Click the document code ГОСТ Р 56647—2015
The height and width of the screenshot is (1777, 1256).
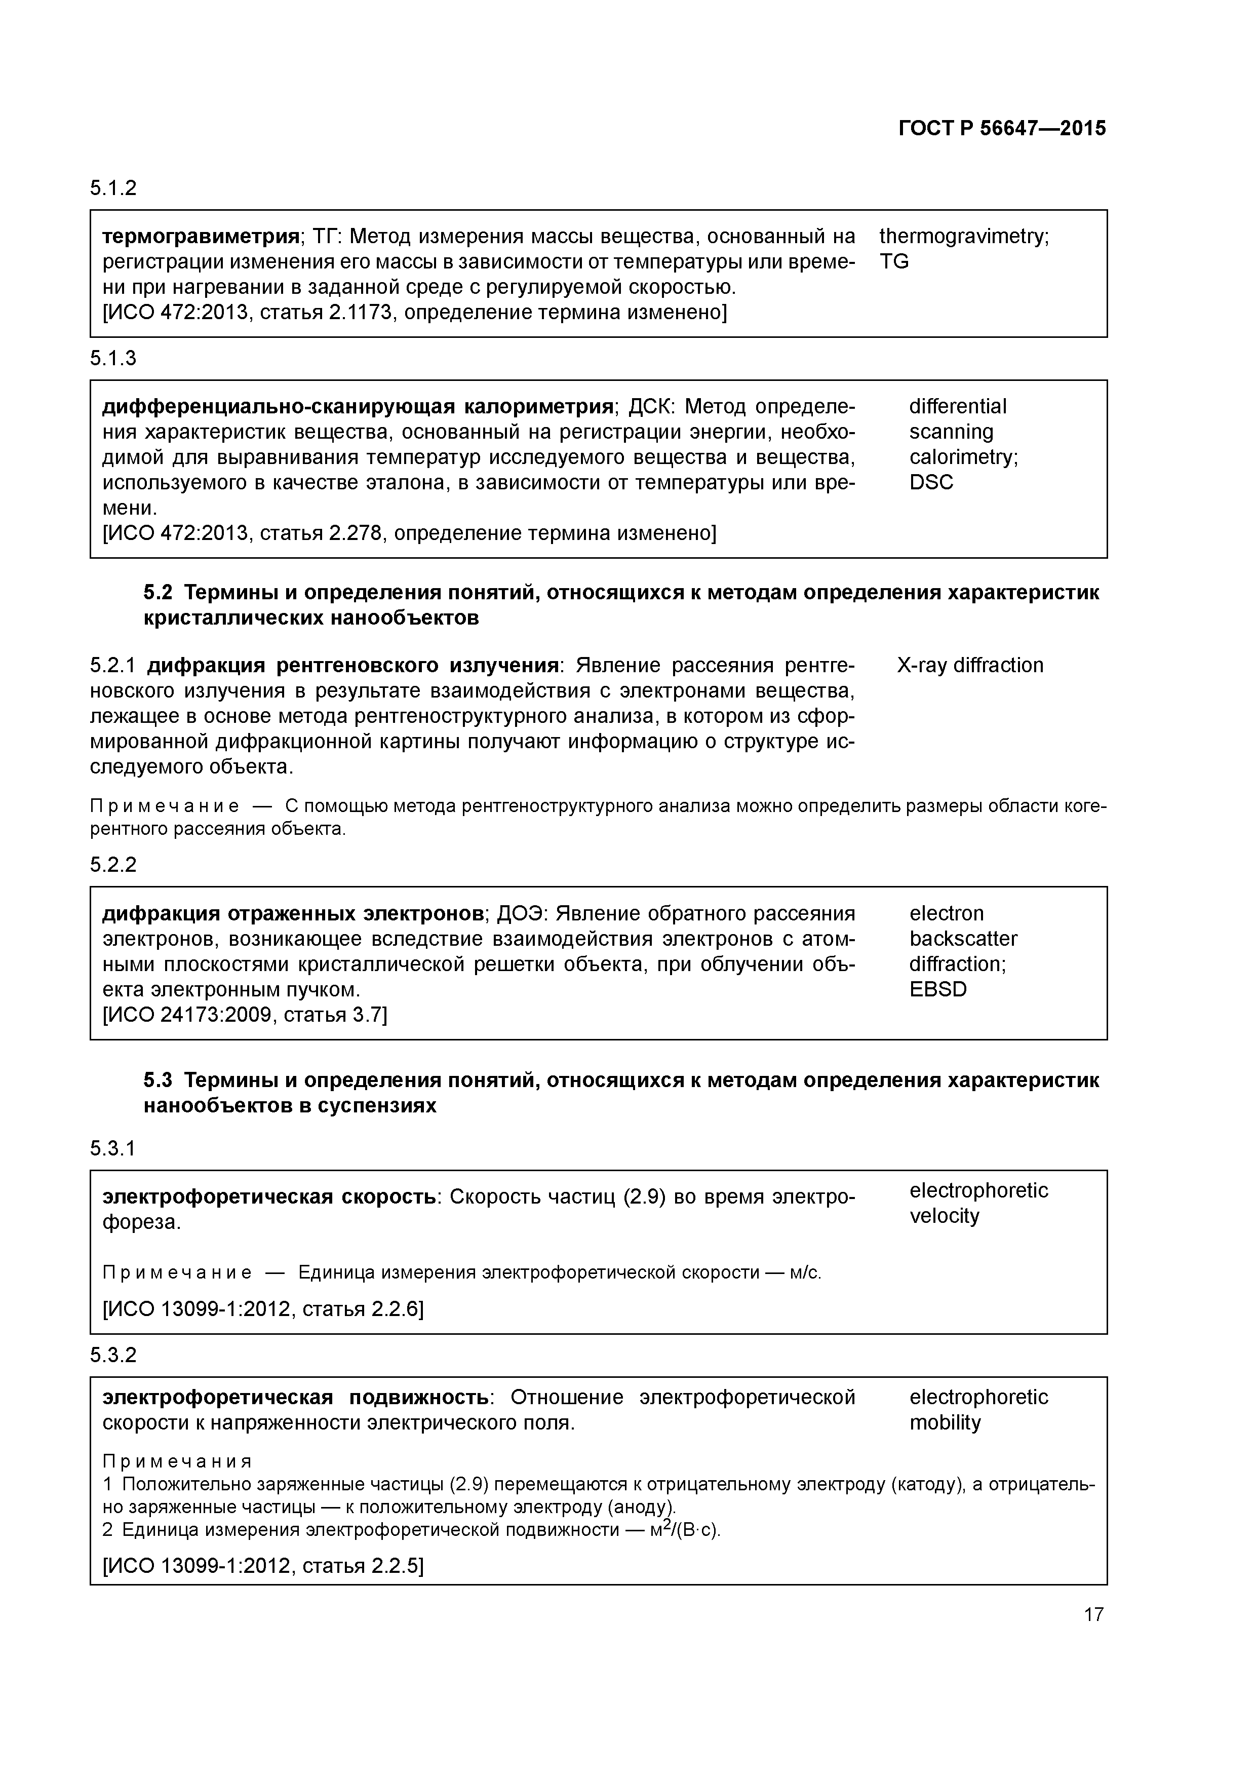coord(1002,129)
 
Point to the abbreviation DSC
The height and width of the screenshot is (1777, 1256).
coord(931,482)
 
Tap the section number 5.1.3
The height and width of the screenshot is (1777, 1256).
coord(113,358)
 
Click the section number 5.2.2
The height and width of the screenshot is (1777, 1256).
coord(113,865)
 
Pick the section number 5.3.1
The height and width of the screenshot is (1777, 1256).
coord(113,1148)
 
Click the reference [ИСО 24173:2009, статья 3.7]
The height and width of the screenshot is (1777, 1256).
coord(245,1015)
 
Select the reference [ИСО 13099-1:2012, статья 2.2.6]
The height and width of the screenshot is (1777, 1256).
coord(263,1309)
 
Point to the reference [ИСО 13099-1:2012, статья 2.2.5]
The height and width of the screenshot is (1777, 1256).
coord(263,1566)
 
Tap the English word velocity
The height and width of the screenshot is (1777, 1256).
coord(944,1215)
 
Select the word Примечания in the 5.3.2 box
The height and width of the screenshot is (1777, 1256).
coord(177,1461)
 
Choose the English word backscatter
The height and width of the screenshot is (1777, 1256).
coord(963,938)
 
